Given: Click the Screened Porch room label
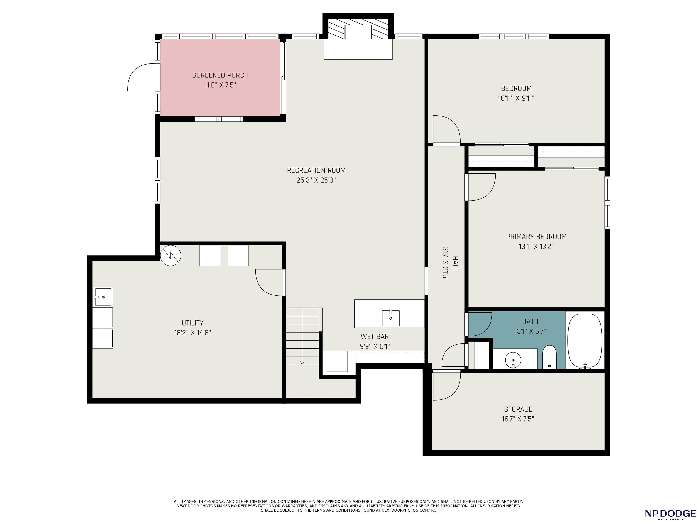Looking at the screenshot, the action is [x=220, y=75].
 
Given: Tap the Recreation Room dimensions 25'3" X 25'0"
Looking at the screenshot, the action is [x=316, y=180].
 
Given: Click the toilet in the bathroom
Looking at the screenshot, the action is [x=550, y=357].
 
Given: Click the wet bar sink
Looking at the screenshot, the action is [x=391, y=318].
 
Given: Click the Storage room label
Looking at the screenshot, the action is [x=518, y=409].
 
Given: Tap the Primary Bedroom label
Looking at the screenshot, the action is [x=536, y=237].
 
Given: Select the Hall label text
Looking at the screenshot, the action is [x=455, y=263].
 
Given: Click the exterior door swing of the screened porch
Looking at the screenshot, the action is [x=141, y=77].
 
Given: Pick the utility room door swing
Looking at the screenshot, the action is [x=269, y=283].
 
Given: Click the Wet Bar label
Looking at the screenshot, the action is [x=375, y=337].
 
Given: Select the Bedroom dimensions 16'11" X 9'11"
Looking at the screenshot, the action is [x=516, y=98].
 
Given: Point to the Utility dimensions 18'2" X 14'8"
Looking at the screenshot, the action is [x=193, y=333].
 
